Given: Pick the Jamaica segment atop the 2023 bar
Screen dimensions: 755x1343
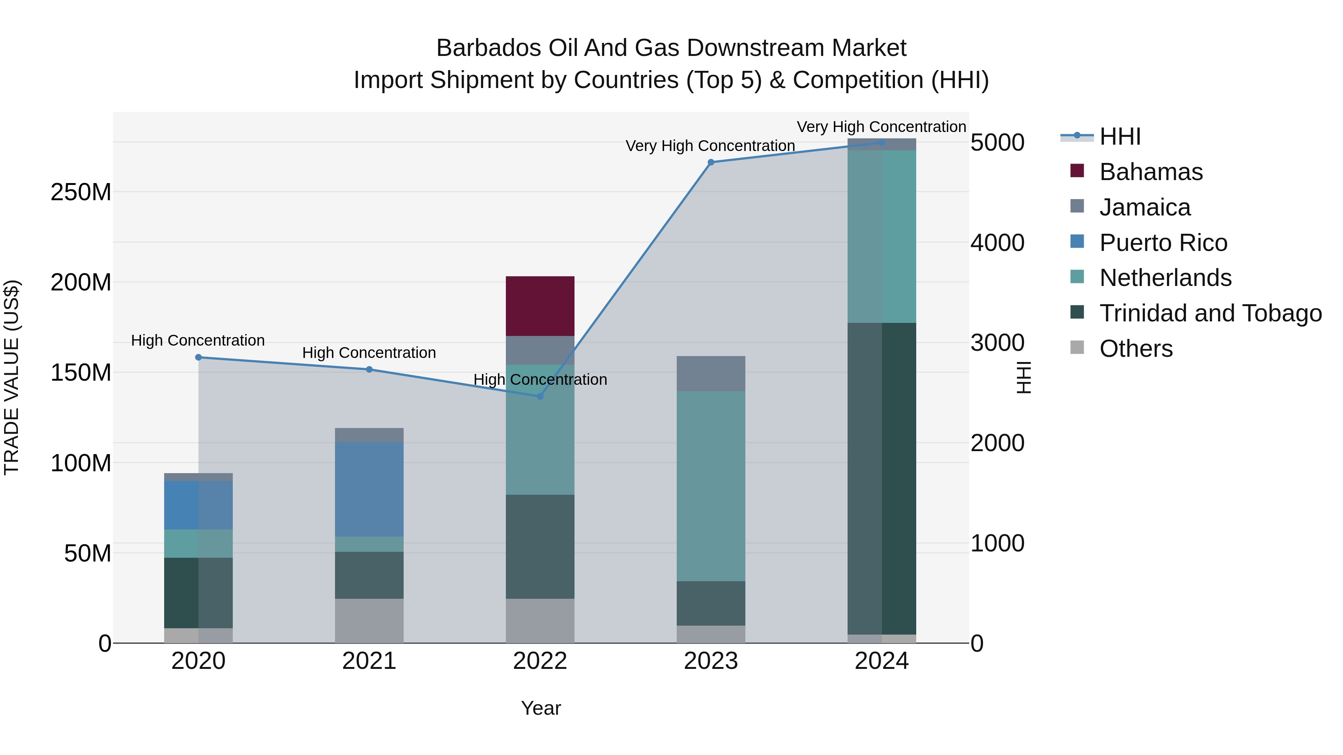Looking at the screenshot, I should (711, 373).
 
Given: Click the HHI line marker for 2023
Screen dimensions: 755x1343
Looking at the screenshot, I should (711, 162).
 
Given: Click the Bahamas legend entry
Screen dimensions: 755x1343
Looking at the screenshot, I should (1151, 172).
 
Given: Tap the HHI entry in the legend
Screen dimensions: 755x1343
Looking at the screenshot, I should (1120, 136).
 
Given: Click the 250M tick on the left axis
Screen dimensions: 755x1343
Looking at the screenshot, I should (81, 192).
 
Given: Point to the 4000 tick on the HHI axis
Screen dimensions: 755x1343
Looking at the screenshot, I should (997, 243).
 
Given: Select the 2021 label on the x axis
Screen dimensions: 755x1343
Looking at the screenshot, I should (369, 661).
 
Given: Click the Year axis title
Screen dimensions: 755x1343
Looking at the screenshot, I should (541, 708).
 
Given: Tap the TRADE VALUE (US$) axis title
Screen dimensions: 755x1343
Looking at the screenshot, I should (12, 377).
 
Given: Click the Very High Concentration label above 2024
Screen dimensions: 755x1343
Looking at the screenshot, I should (881, 127).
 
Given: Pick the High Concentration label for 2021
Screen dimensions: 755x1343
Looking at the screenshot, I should (369, 353).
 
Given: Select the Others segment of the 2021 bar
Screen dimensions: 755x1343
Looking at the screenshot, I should (369, 620).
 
